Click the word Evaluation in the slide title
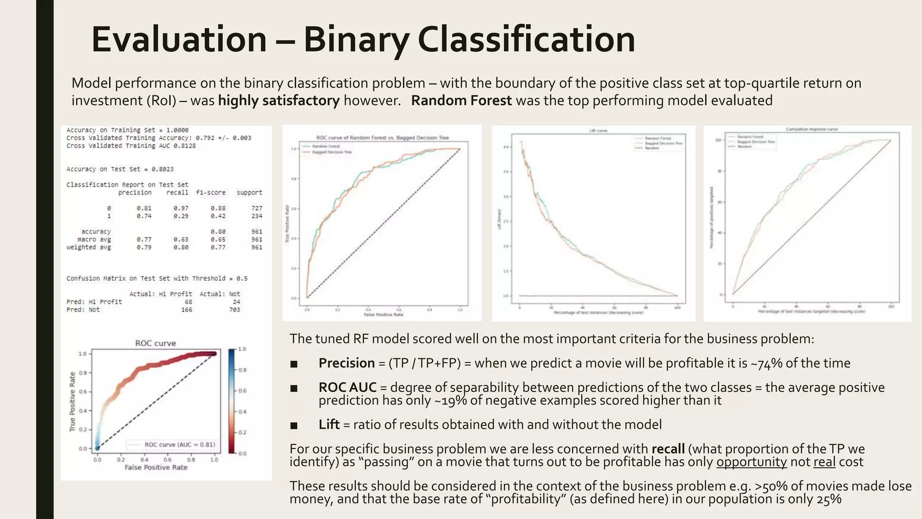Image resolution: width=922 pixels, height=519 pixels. pyautogui.click(x=179, y=40)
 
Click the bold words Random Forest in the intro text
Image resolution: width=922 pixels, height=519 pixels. pyautogui.click(x=461, y=100)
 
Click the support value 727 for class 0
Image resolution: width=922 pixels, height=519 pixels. pyautogui.click(x=257, y=208)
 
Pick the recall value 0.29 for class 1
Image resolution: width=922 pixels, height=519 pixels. pyautogui.click(x=181, y=216)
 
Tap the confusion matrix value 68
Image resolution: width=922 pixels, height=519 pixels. pyautogui.click(x=188, y=302)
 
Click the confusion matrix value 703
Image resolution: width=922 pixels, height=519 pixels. pyautogui.click(x=235, y=310)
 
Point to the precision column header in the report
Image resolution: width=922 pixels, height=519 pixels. pyautogui.click(x=135, y=192)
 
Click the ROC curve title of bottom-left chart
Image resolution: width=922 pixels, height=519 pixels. pyautogui.click(x=155, y=343)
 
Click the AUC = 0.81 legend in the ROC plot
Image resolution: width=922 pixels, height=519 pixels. pyautogui.click(x=180, y=445)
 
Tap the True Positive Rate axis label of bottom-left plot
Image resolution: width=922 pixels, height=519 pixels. pyautogui.click(x=72, y=402)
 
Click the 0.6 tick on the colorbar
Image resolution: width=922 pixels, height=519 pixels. pyautogui.click(x=242, y=391)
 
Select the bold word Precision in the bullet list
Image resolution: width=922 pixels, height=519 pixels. pyautogui.click(x=346, y=363)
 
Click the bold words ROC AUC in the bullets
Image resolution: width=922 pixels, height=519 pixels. pyautogui.click(x=347, y=387)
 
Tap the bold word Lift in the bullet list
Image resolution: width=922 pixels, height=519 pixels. pyautogui.click(x=329, y=424)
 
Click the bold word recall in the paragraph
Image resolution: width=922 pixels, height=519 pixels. pyautogui.click(x=668, y=449)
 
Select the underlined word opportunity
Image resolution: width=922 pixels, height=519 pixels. pyautogui.click(x=751, y=462)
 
